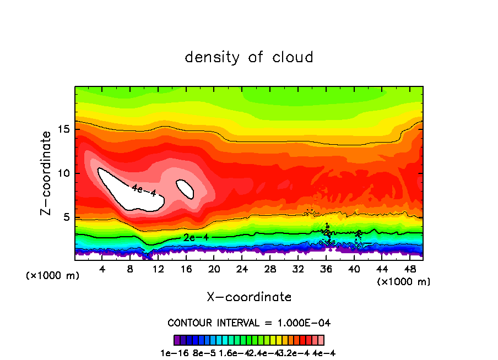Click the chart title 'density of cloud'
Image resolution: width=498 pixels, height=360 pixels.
[x=249, y=57]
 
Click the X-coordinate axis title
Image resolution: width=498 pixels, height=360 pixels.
[x=249, y=297]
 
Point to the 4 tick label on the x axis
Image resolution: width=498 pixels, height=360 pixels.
[x=102, y=269]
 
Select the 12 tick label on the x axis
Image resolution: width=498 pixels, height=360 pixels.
[x=159, y=269]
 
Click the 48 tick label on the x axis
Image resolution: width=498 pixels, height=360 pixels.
[x=409, y=269]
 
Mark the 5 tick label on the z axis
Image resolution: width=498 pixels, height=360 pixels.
[x=67, y=217]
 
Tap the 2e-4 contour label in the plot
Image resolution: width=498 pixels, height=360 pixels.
[x=196, y=237]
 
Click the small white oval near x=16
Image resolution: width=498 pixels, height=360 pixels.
[x=185, y=188]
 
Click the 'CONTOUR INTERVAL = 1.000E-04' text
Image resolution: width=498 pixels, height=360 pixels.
[x=249, y=323]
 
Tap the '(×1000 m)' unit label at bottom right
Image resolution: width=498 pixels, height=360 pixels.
[x=404, y=281]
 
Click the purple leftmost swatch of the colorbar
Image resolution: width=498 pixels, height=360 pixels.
[x=177, y=340]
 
